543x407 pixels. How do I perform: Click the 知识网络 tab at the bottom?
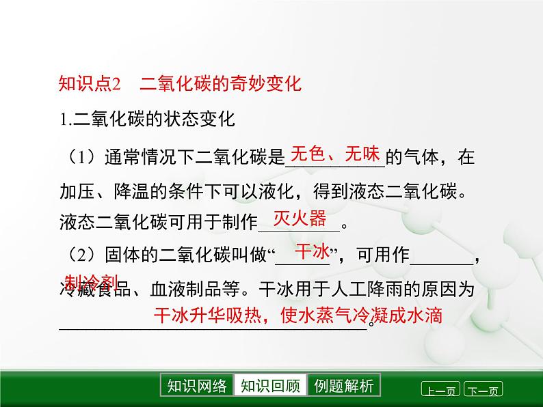(197, 386)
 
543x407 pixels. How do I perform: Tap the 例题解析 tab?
(344, 386)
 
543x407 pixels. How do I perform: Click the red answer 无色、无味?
(335, 154)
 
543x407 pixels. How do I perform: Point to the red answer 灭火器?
(300, 219)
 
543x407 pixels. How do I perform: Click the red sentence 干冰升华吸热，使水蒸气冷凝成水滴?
(297, 315)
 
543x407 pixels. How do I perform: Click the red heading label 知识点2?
(90, 85)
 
